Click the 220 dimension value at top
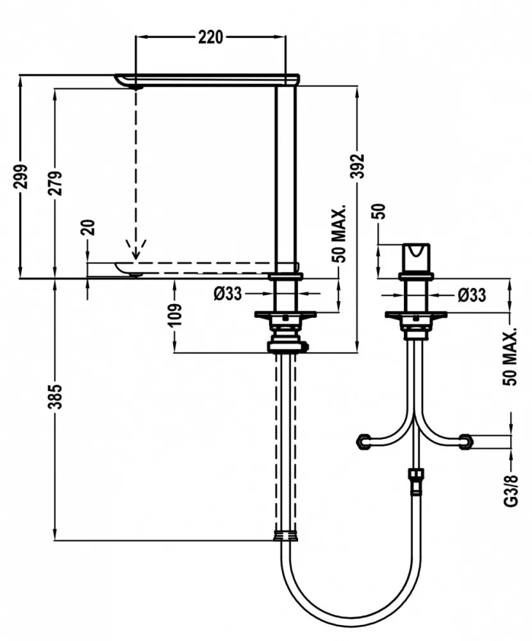[211, 37]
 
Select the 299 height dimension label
[20, 176]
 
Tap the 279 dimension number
[55, 183]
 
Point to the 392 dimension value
[358, 166]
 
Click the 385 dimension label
[55, 396]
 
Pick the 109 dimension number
[174, 315]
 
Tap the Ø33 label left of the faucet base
[228, 294]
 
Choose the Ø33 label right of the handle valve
[472, 295]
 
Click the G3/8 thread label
[511, 490]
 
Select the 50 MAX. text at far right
[510, 356]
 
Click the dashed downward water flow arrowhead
[136, 252]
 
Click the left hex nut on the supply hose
[363, 442]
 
